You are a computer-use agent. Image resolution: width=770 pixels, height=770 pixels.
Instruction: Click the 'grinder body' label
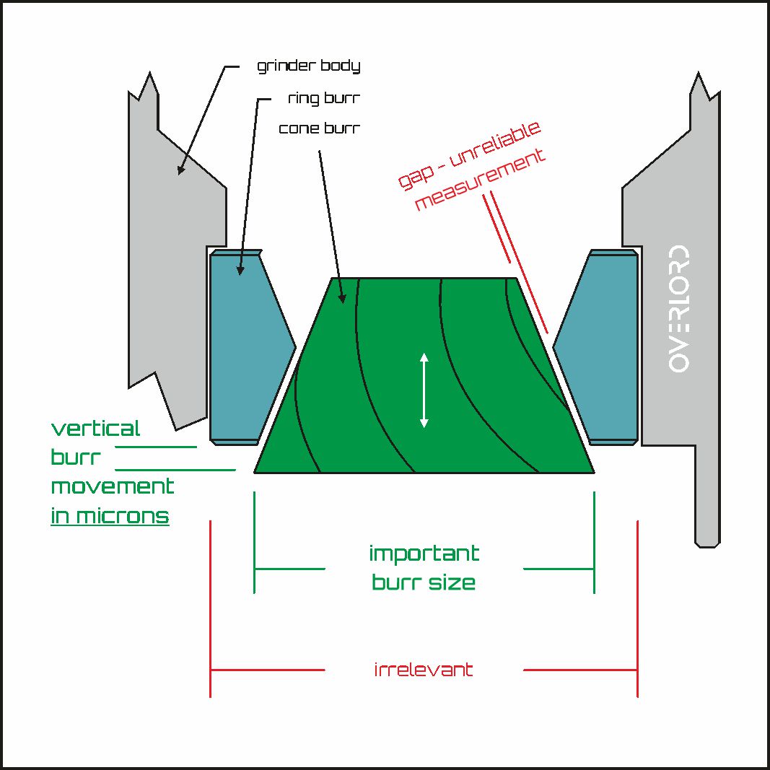point(308,66)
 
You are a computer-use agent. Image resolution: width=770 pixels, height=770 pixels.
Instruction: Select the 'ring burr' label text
point(324,98)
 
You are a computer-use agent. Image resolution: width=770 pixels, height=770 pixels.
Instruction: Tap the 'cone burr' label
point(320,128)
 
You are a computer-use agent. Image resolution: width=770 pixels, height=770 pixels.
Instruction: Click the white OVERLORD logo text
point(678,308)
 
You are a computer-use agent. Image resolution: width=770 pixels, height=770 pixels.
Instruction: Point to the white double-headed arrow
point(424,390)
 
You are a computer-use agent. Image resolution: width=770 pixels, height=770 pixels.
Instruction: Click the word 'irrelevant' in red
point(424,670)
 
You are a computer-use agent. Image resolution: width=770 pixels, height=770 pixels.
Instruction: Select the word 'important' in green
point(424,553)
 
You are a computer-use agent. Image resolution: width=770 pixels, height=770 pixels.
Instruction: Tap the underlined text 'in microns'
point(110,516)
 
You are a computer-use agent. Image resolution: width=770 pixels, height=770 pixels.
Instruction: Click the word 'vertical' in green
point(96,428)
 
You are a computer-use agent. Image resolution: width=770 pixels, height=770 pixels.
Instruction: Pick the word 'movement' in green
point(113,486)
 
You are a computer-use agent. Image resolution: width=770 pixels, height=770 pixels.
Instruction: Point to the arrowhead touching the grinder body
point(180,170)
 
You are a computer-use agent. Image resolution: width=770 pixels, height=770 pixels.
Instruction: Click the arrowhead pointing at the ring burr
point(240,270)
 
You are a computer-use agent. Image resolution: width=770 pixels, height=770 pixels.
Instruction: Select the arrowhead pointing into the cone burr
point(343,298)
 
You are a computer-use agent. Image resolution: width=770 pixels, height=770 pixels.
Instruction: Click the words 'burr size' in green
point(424,582)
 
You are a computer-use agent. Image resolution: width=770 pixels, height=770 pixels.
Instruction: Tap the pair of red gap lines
point(516,262)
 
